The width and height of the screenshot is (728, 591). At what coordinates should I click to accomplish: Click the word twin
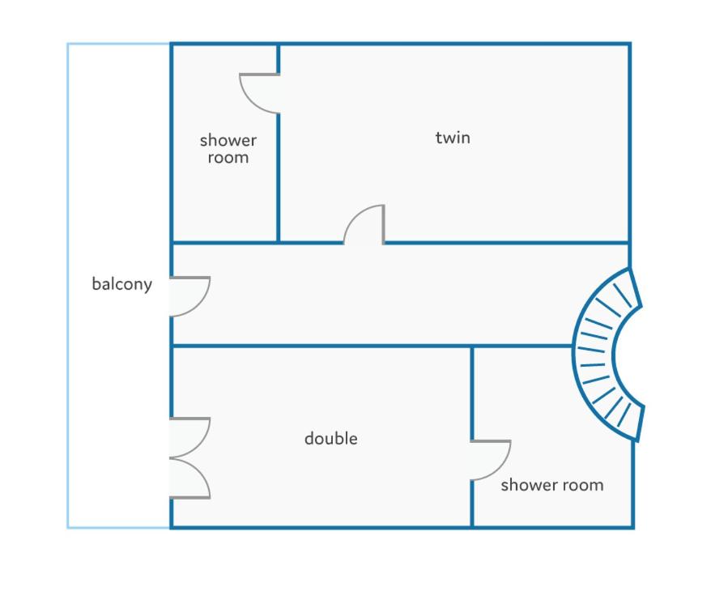[x=453, y=138]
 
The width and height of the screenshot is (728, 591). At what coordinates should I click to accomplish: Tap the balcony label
[x=121, y=283]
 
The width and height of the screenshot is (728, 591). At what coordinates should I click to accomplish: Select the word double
[x=331, y=438]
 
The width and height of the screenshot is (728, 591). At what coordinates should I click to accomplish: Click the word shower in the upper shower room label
[x=228, y=140]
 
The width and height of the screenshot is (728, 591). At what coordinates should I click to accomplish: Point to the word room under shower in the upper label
[x=228, y=158]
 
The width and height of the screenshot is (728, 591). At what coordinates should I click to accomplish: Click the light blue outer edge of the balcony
[x=68, y=286]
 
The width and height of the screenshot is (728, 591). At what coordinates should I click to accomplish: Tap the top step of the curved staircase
[x=622, y=295]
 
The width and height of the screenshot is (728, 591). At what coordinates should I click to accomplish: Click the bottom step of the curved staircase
[x=624, y=415]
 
